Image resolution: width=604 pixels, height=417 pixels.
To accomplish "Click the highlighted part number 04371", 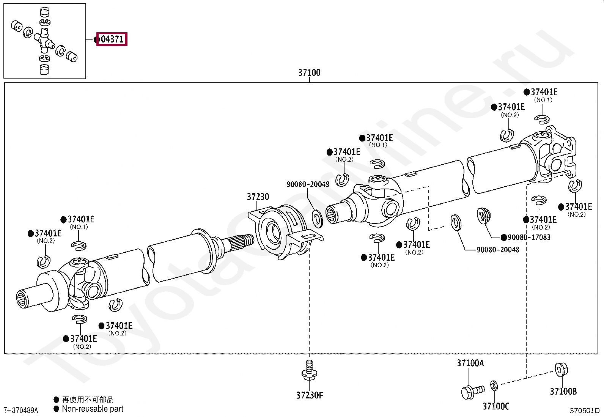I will (112, 39).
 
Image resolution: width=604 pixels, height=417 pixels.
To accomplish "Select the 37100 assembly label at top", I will (309, 72).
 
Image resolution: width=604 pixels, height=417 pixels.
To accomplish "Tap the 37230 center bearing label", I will (258, 197).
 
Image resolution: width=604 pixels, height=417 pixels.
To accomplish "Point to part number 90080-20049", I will (308, 184).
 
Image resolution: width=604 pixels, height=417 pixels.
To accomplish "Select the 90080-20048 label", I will (498, 250).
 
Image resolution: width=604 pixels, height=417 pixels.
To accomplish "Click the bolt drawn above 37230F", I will (309, 370).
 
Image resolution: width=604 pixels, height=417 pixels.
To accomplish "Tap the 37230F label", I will (310, 395).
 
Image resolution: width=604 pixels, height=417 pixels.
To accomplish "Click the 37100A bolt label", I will (470, 363).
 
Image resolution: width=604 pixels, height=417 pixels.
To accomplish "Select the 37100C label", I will (496, 406).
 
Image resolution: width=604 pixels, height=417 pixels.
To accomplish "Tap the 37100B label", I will (563, 391).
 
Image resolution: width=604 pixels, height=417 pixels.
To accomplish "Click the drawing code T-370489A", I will (21, 410).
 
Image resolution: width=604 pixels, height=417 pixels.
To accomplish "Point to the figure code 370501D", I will (584, 411).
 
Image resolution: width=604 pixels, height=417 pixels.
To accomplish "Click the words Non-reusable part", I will (93, 409).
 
